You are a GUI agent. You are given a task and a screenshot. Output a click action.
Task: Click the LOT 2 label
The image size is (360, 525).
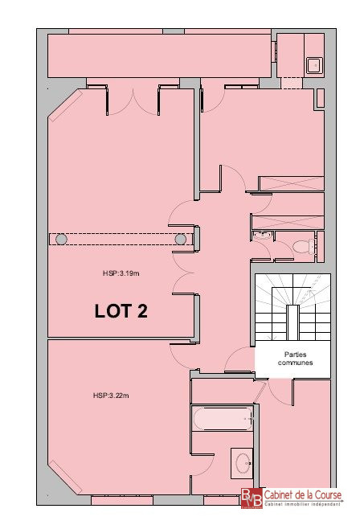pyautogui.click(x=121, y=311)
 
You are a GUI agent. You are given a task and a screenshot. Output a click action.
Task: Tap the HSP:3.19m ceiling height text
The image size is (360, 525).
pyautogui.click(x=121, y=273)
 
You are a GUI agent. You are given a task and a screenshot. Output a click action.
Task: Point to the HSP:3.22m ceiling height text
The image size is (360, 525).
pyautogui.click(x=111, y=396)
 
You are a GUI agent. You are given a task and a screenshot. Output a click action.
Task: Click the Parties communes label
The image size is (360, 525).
pyautogui.click(x=295, y=359)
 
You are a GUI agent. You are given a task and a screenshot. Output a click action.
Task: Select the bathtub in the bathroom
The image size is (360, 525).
pyautogui.click(x=223, y=418)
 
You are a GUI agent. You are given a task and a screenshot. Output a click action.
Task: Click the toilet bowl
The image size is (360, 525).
pyautogui.click(x=304, y=247)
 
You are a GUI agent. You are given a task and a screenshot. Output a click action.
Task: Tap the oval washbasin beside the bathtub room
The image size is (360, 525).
pyautogui.click(x=242, y=463)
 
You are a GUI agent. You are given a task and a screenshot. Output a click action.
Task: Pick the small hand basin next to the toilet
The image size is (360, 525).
pyautogui.click(x=263, y=236)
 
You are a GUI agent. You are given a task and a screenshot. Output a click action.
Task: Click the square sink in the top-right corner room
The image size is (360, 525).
pyautogui.click(x=314, y=65)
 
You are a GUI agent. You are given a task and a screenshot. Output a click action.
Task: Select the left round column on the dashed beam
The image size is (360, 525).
pyautogui.click(x=61, y=239)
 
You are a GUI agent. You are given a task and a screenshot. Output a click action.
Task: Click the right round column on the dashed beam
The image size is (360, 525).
pyautogui.click(x=181, y=239)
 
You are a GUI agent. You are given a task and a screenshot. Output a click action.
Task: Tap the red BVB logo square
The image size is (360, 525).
pyautogui.click(x=252, y=498)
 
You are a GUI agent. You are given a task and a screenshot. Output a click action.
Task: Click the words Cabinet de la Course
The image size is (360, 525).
pyautogui.click(x=303, y=494)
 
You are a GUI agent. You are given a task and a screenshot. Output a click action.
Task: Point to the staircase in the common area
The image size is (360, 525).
pyautogui.click(x=292, y=306)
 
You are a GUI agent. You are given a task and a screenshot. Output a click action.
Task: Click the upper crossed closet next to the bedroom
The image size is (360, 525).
pyautogui.click(x=292, y=183)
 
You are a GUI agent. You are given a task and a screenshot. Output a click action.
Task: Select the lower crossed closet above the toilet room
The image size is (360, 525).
pyautogui.click(x=288, y=223)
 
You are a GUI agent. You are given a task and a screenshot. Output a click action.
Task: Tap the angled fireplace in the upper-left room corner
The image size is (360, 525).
pyautogui.click(x=65, y=105)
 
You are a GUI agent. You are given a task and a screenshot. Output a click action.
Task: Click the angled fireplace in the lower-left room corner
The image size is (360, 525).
pyautogui.click(x=65, y=478)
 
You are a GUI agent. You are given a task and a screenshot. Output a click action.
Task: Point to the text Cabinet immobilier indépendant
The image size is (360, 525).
pyautogui.click(x=303, y=504)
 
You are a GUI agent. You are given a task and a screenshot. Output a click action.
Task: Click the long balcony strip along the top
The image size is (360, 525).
pyautogui.click(x=159, y=55)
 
